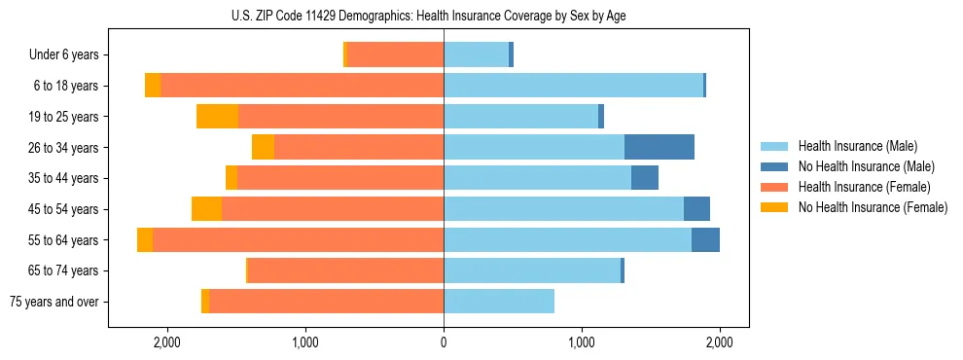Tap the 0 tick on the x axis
[x=444, y=342]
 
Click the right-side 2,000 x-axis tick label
[x=720, y=342]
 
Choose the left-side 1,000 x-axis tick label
[x=305, y=342]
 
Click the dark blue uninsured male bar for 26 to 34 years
[x=660, y=147]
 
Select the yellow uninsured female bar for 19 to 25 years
[x=217, y=117]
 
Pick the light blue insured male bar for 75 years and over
[x=499, y=302]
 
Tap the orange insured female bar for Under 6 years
[x=396, y=55]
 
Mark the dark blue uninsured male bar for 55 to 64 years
[x=705, y=239]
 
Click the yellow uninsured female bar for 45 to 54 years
[x=206, y=209]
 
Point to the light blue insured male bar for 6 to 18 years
[x=573, y=86]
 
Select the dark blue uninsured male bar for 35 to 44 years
[x=645, y=178]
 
